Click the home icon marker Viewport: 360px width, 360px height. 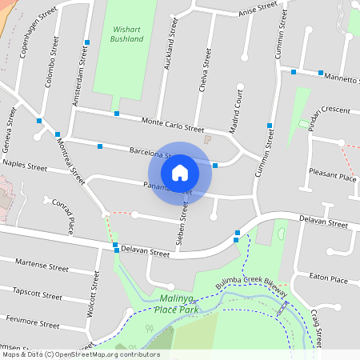click(180, 171)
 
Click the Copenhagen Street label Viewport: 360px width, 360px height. click(30, 31)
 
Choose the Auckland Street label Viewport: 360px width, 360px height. click(169, 43)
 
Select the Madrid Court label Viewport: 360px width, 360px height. click(235, 112)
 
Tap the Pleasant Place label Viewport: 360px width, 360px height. click(334, 177)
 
